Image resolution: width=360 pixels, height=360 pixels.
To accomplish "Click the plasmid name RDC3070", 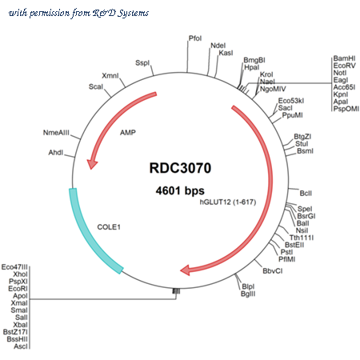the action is [x=180, y=168].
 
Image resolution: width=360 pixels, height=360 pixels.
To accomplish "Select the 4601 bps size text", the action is [x=180, y=190].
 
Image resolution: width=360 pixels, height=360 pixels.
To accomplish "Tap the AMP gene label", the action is [x=128, y=132].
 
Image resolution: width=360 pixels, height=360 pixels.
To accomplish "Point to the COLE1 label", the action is [x=109, y=227].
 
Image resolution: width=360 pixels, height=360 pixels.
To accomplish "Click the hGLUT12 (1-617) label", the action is [x=228, y=202].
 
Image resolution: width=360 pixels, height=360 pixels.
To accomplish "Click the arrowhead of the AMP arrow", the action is [x=92, y=163].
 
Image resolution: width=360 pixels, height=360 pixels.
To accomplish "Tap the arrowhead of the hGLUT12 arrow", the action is [x=186, y=270].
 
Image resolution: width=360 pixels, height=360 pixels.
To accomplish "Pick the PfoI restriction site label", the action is [x=195, y=38].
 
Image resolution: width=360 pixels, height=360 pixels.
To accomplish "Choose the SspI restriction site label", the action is [x=142, y=63].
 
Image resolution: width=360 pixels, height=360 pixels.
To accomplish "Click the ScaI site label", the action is [x=96, y=86].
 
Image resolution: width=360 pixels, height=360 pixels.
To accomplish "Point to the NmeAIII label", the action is [x=56, y=133].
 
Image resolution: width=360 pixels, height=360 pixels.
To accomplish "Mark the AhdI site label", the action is [x=56, y=153].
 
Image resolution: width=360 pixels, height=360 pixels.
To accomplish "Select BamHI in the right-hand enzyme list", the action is [x=344, y=58].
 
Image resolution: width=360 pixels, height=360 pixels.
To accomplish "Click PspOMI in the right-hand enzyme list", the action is [x=346, y=109].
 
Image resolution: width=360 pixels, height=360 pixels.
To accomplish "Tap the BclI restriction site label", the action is [x=306, y=193].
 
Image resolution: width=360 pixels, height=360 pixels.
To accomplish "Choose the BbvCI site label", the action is [x=273, y=271].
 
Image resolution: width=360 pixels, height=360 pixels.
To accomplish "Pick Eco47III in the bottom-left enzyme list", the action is [x=14, y=267].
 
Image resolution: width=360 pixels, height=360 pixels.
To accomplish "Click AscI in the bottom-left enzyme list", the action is [x=21, y=346].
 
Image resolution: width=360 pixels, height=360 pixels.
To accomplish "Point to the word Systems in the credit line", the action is [x=134, y=13].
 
